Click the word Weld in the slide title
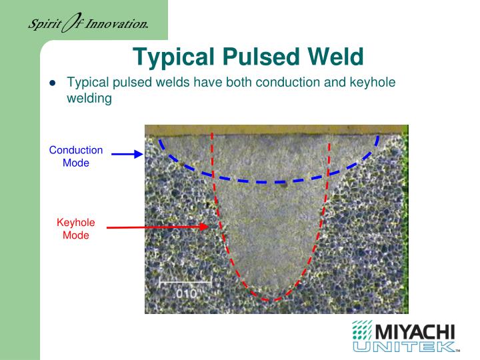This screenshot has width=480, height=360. click(334, 57)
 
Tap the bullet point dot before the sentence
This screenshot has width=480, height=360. click(53, 83)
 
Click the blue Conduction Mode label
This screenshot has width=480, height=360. click(76, 156)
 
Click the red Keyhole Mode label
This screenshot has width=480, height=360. click(76, 229)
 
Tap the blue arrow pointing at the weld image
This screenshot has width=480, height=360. click(127, 154)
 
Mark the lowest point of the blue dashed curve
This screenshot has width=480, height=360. click(267, 181)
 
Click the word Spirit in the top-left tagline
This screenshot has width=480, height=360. click(42, 25)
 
